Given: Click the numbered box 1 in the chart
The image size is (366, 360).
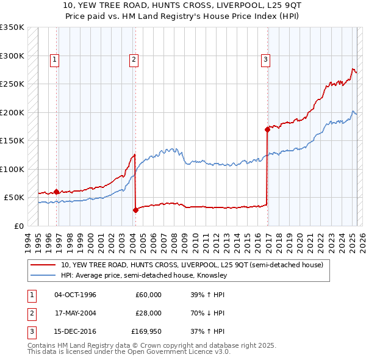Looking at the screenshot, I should pos(55,60).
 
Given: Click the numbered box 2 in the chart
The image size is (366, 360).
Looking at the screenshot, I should pos(133,60).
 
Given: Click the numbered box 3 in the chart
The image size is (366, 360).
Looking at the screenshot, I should pos(266,60).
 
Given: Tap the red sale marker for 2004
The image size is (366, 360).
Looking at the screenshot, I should pos(135,210).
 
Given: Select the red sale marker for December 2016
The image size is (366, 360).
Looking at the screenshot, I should pos(267,129).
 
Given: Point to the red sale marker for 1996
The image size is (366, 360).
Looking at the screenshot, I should pos(57,192).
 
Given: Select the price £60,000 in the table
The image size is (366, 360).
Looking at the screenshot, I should pos(148,295).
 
